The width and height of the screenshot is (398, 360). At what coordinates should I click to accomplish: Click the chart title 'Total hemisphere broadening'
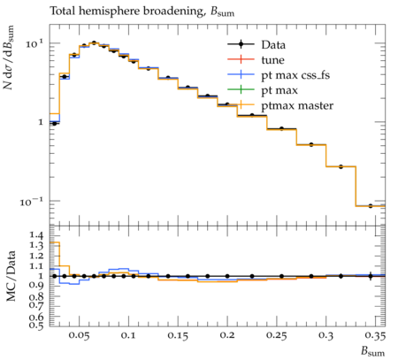[x=126, y=11]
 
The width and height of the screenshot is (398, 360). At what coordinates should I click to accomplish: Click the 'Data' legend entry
[x=273, y=45]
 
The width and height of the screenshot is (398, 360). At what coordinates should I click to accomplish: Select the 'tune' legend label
[x=272, y=60]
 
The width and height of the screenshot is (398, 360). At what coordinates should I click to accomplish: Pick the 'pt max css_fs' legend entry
[x=295, y=75]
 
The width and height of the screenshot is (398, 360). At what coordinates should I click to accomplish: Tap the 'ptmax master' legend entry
[x=297, y=106]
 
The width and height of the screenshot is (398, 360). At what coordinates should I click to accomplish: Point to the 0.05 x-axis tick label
[x=79, y=336]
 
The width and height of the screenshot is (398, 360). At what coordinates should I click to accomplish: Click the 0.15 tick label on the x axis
[x=178, y=336]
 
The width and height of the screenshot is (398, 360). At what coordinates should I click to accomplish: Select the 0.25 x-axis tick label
[x=276, y=336]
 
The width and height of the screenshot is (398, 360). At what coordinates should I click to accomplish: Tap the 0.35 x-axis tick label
[x=375, y=336]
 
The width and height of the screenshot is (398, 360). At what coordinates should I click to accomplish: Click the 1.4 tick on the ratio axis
[x=36, y=235]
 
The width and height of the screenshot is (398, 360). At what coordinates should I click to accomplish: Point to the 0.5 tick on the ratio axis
[x=36, y=325]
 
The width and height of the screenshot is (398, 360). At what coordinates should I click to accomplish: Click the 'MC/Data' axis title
[x=11, y=276]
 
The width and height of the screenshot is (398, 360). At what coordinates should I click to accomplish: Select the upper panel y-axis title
[x=9, y=57]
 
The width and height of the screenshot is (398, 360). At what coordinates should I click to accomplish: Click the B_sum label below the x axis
[x=373, y=351]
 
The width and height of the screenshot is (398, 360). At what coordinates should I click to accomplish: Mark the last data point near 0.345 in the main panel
[x=371, y=206]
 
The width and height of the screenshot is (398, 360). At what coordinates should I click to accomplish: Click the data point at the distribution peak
[x=94, y=43]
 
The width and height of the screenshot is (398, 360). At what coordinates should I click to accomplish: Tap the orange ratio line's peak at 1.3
[x=55, y=242]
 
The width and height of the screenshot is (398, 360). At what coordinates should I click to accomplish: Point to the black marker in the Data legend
[x=241, y=44]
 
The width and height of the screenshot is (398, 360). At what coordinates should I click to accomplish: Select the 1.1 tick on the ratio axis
[x=36, y=266]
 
